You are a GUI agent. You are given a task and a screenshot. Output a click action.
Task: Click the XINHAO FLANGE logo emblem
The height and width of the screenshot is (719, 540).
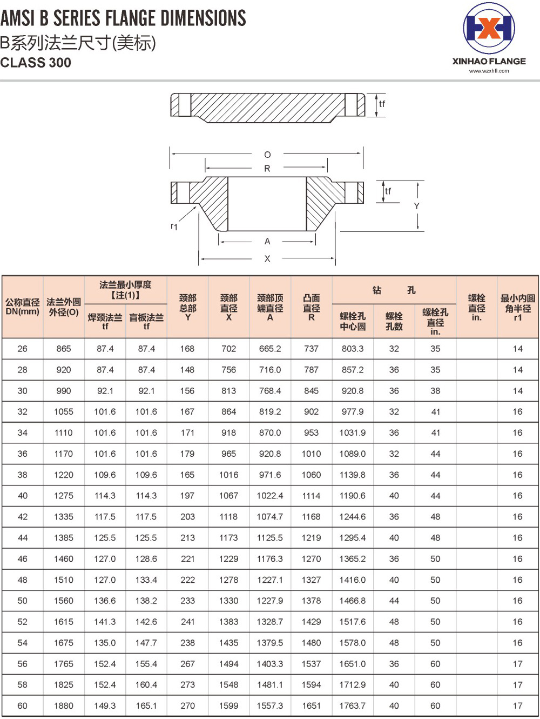(489, 28)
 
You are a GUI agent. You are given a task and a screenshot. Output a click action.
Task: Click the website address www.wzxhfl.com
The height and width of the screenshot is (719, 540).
(489, 71)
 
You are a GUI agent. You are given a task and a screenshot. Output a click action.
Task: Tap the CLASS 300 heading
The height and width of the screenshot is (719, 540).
(36, 63)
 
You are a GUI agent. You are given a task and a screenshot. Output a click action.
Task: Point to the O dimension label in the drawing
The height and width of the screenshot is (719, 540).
(267, 155)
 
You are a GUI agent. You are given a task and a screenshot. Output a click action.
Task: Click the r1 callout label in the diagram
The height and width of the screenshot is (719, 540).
(174, 225)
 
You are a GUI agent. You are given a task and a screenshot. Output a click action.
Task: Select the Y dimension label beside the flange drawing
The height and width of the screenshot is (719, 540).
(416, 206)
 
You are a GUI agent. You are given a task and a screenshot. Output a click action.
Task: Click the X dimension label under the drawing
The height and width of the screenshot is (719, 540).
(267, 259)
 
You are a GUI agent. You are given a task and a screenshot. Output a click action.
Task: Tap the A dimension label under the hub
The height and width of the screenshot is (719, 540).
(267, 242)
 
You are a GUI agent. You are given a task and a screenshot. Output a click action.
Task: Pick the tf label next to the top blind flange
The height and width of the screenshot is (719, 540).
(382, 104)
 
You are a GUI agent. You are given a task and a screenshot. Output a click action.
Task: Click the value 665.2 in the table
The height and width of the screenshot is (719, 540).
(270, 349)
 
